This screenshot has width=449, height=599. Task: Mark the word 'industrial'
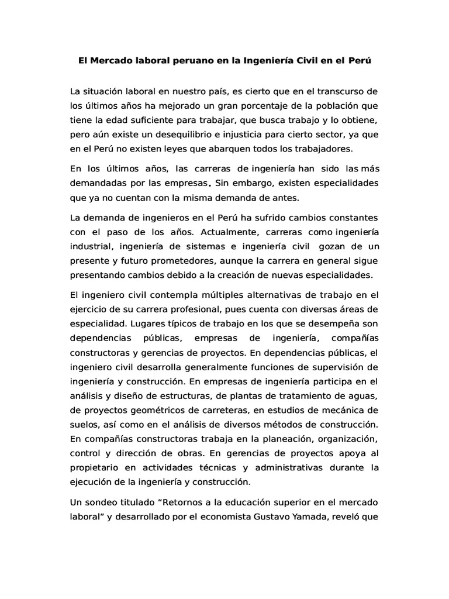coord(92,245)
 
